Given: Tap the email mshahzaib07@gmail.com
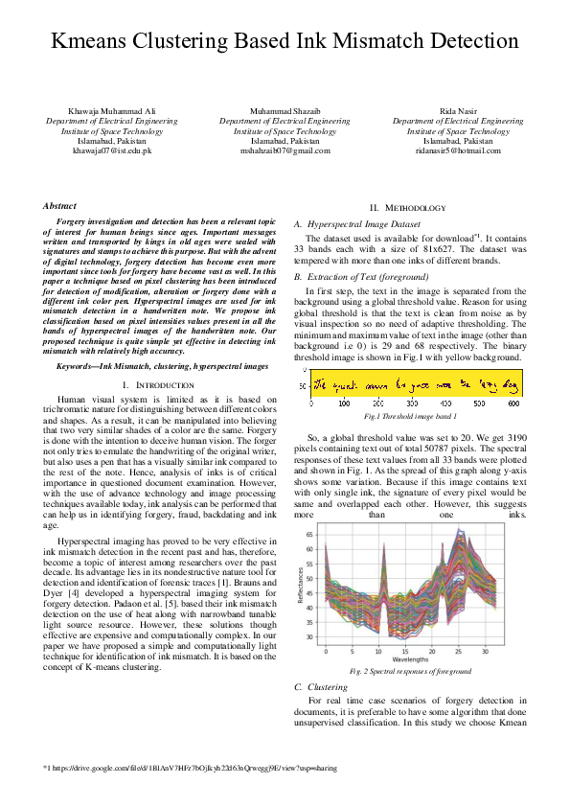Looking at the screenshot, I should [285, 150].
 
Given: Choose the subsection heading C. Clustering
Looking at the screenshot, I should [321, 686].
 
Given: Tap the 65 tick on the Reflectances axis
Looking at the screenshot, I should [308, 533].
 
